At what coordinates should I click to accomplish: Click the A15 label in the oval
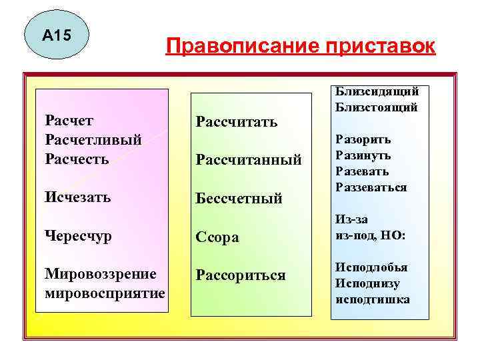coord(56,34)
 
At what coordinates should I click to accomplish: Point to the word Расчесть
coord(77,159)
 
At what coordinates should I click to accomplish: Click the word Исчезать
coord(78,197)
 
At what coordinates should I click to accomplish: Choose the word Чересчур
coord(79,235)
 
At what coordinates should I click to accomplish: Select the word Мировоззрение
coord(101,274)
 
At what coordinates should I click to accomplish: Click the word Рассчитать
coord(236,121)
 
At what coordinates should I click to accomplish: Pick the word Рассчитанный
coord(248,159)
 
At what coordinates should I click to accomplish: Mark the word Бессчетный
coord(239,198)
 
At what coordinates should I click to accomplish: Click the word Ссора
coord(217,237)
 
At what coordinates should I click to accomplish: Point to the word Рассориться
coord(240,275)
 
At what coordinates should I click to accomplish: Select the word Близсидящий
coord(377,93)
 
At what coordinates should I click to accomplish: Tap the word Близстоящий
coord(377,107)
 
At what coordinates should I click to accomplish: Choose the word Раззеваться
coord(371,187)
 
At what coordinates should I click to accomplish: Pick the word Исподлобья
coord(371,267)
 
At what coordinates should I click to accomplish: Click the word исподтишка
coord(373,299)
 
